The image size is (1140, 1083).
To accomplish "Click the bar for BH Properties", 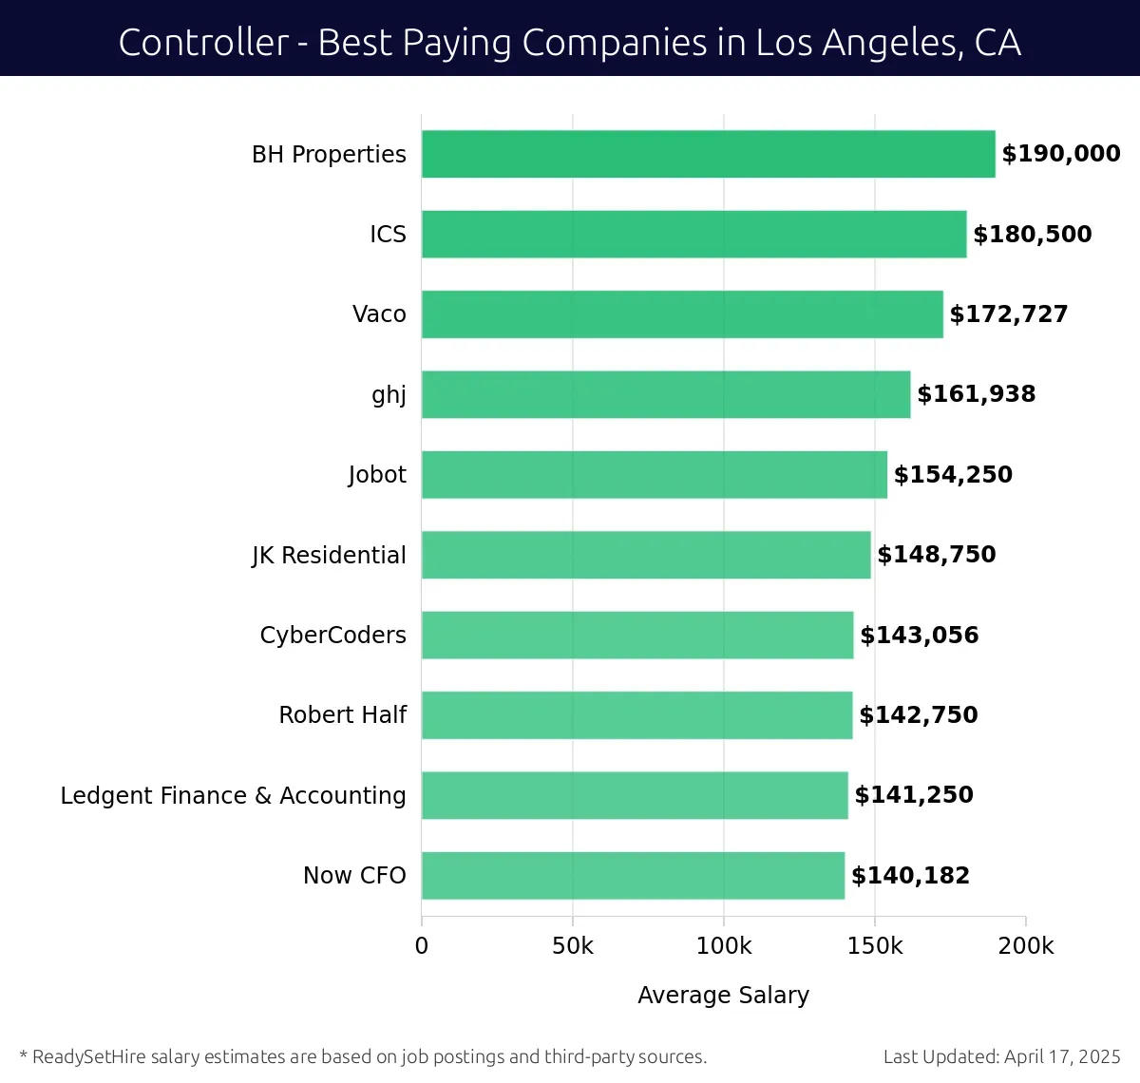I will click(708, 154).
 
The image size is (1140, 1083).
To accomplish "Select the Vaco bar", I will click(682, 314).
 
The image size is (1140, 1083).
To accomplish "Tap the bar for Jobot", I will click(655, 475).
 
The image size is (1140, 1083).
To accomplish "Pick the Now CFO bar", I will click(633, 876).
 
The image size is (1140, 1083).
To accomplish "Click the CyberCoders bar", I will click(637, 636).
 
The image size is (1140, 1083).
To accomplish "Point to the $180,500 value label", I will click(1033, 235).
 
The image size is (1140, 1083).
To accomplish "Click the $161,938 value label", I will click(977, 394).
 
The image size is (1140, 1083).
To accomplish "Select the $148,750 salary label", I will click(937, 555).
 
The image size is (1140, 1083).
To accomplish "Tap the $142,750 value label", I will click(919, 715).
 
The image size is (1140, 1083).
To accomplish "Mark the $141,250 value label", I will click(914, 795).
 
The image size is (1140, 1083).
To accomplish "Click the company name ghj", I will click(389, 394).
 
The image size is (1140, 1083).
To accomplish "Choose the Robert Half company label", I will click(342, 715).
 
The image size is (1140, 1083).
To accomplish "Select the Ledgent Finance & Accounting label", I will click(233, 795).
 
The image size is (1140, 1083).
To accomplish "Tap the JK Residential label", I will click(329, 555).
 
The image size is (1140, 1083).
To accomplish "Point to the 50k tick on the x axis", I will click(573, 946).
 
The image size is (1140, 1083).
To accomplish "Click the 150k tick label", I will click(875, 946).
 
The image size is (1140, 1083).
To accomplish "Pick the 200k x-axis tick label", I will click(1026, 946).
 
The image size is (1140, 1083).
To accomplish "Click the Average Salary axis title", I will click(724, 996).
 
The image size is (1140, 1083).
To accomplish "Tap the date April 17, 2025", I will click(1062, 1057).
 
